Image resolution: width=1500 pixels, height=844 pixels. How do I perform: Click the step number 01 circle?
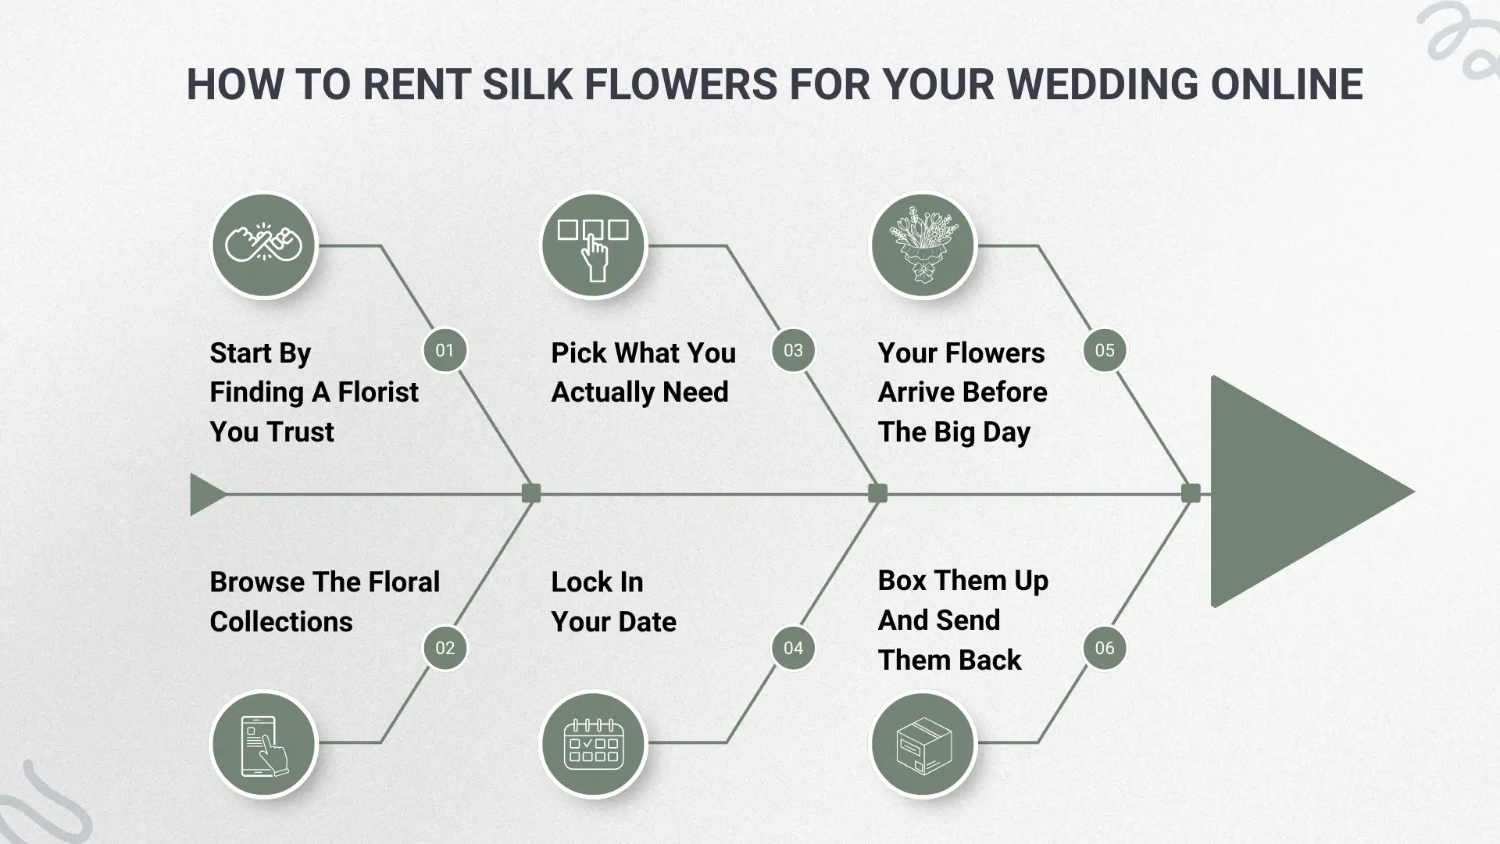pyautogui.click(x=445, y=350)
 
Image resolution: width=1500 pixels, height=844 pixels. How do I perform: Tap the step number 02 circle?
pyautogui.click(x=445, y=648)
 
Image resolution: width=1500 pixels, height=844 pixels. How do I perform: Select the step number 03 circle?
pyautogui.click(x=793, y=350)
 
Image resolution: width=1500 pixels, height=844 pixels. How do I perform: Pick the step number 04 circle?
pyautogui.click(x=793, y=648)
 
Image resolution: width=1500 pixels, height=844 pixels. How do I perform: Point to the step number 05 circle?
pyautogui.click(x=1105, y=350)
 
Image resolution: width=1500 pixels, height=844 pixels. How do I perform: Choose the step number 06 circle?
pyautogui.click(x=1105, y=648)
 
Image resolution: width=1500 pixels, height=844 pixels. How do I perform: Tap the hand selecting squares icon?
pyautogui.click(x=594, y=245)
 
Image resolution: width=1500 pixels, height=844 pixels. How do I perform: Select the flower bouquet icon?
pyautogui.click(x=923, y=245)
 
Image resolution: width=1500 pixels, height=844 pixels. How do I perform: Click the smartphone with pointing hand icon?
pyautogui.click(x=264, y=744)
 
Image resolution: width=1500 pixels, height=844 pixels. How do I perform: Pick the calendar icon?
pyautogui.click(x=594, y=744)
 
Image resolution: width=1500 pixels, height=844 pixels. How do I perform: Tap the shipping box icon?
pyautogui.click(x=923, y=744)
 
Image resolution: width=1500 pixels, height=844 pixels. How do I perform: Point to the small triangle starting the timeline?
pyautogui.click(x=205, y=494)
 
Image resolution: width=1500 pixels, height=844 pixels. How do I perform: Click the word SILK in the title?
pyautogui.click(x=527, y=84)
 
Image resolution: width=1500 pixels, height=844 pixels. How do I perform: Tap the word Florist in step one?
pyautogui.click(x=378, y=392)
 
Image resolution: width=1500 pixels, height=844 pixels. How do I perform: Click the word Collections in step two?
pyautogui.click(x=281, y=621)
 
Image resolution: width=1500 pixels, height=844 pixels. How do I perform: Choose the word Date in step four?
pyautogui.click(x=646, y=621)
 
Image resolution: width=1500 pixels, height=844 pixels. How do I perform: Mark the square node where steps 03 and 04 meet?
pyautogui.click(x=877, y=493)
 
